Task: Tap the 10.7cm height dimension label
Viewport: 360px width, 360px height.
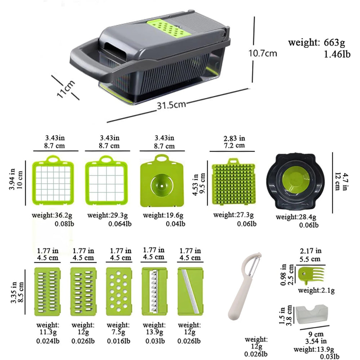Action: pyautogui.click(x=263, y=53)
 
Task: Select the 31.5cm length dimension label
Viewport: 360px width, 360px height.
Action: pyautogui.click(x=171, y=105)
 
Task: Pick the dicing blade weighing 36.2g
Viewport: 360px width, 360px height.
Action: pyautogui.click(x=53, y=182)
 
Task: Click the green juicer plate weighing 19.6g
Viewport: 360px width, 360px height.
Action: pyautogui.click(x=162, y=182)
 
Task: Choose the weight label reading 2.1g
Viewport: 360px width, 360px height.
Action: pyautogui.click(x=316, y=290)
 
